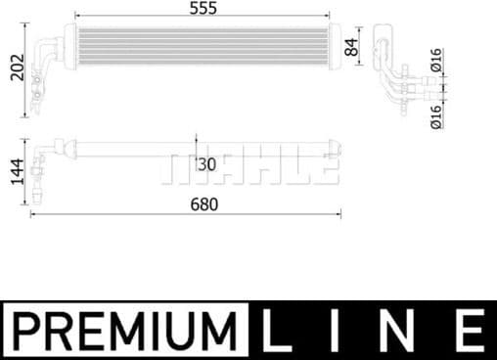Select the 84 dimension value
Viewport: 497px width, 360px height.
[353, 45]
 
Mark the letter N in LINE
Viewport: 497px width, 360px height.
[404, 329]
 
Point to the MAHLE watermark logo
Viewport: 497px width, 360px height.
[248, 167]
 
